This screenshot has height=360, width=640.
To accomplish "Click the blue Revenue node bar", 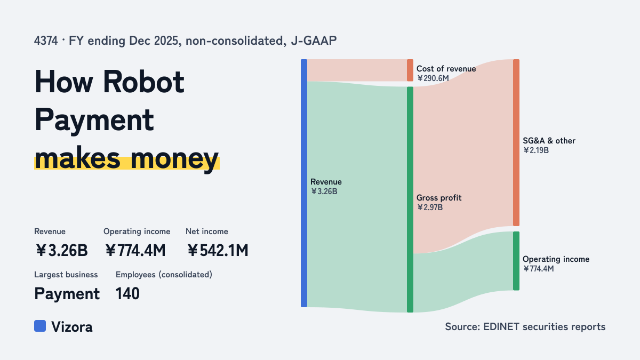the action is point(304,183).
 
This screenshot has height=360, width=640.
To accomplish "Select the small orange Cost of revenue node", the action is point(410,70).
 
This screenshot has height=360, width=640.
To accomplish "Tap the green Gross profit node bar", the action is point(410,199).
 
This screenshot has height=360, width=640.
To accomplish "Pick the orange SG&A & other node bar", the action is point(516,142).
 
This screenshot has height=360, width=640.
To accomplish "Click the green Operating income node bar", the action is point(516,261).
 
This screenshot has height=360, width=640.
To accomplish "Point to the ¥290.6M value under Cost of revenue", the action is point(433,78).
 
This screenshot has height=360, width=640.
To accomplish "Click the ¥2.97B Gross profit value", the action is point(430,207).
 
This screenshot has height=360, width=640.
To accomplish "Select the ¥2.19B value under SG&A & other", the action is point(536,150).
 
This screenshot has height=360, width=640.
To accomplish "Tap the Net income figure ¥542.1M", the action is point(218,250).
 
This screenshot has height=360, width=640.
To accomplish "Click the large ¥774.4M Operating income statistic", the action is point(135,250).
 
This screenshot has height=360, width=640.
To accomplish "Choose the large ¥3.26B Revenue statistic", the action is point(61,250).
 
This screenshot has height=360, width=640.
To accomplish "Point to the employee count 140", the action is point(127,293).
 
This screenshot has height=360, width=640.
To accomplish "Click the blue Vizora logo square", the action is point(40,326).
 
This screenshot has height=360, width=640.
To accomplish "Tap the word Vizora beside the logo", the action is point(72,327).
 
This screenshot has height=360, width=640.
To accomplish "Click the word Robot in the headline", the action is point(143,82).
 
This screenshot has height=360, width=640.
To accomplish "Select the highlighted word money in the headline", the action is point(174,159).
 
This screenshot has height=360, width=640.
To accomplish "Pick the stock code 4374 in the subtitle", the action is point(46,41).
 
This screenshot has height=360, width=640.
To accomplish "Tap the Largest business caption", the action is point(66,275).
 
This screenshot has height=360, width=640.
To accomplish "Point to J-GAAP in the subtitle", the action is point(314,41).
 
